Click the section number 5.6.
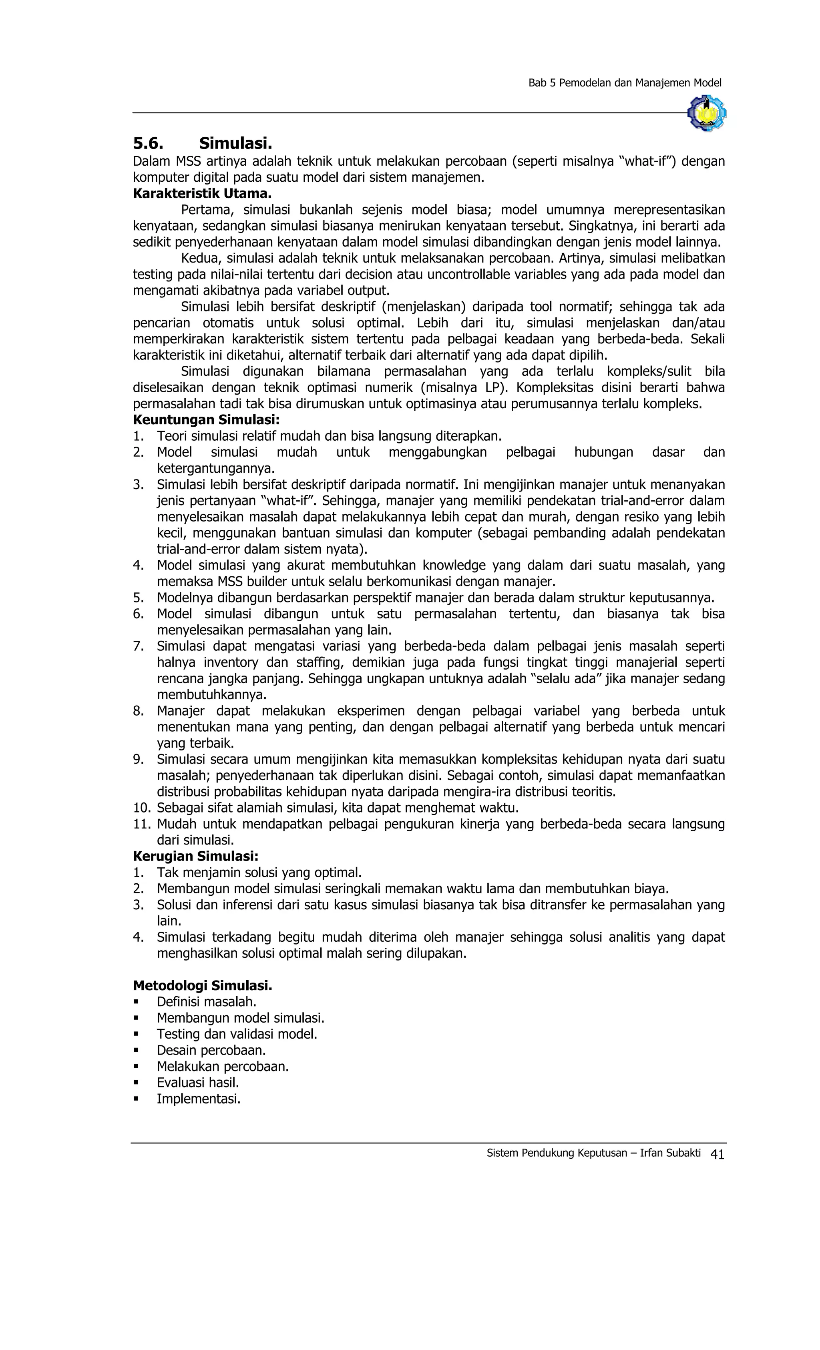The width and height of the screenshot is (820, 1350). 148,144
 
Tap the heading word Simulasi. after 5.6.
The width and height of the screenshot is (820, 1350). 236,144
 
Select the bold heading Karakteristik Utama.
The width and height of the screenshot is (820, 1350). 202,193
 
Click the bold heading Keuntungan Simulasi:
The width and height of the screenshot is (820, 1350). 206,420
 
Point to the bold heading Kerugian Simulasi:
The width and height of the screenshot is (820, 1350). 195,857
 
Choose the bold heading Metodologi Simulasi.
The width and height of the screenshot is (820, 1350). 202,986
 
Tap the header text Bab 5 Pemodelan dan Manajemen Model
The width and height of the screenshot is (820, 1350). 624,83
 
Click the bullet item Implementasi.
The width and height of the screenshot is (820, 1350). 199,1099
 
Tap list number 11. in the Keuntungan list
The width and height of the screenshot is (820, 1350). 142,824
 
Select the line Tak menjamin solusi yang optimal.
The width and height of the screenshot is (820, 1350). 259,872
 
